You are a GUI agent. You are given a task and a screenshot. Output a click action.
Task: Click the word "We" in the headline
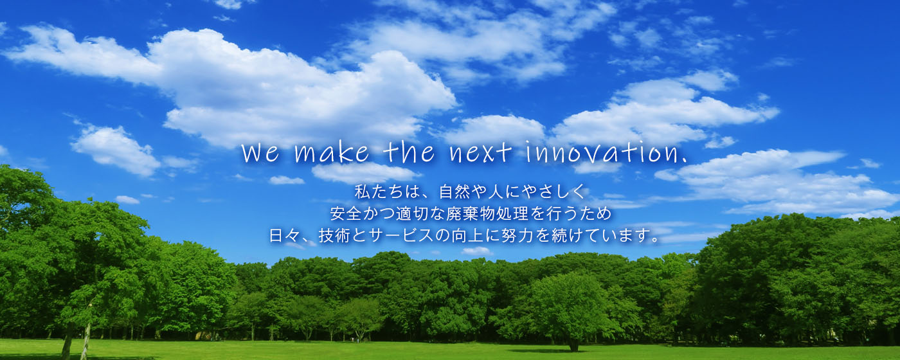(260, 153)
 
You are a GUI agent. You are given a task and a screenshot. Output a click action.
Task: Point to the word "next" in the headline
(481, 153)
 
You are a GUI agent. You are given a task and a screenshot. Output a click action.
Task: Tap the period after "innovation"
(684, 161)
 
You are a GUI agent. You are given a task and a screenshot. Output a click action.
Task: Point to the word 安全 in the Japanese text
(346, 213)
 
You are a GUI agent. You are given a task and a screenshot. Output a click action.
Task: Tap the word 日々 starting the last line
(284, 235)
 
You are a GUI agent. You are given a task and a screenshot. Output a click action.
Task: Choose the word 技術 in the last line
(334, 235)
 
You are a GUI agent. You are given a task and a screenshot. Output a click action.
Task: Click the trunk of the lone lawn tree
(573, 345)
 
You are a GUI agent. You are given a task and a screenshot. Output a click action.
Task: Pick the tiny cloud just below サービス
(476, 251)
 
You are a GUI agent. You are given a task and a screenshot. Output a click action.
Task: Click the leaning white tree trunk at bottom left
(85, 341)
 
